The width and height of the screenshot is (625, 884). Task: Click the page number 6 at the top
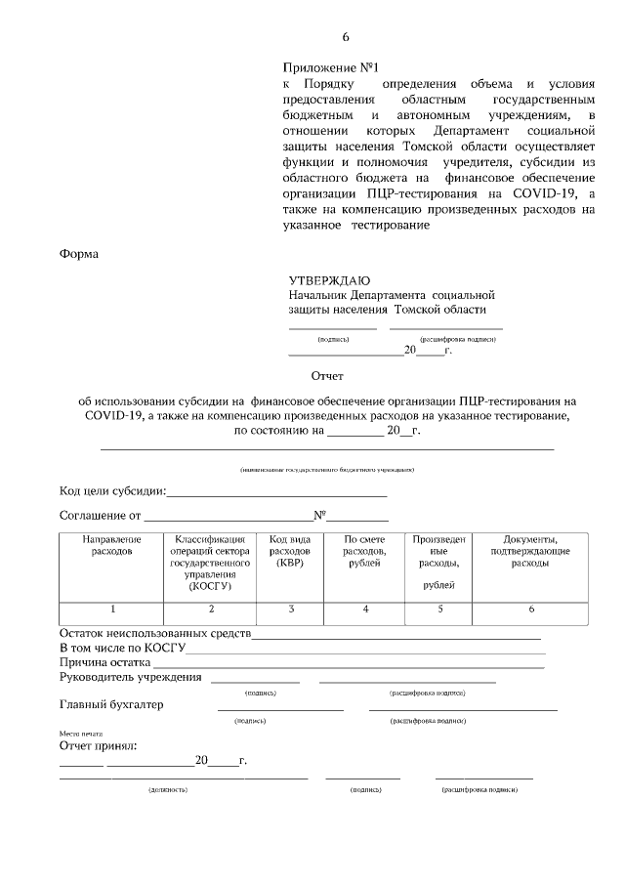point(345,37)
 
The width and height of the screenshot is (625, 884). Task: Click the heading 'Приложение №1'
point(316,68)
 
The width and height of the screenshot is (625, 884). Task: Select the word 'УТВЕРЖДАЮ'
point(329,280)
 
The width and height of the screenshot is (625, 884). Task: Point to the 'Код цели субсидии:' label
point(112,490)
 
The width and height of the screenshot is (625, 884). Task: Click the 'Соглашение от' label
point(101,515)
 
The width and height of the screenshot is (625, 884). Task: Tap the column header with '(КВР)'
point(290,551)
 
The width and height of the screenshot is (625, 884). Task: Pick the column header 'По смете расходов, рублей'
point(364,551)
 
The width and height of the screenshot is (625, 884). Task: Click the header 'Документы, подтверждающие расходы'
point(529,551)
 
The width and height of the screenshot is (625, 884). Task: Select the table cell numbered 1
point(112,610)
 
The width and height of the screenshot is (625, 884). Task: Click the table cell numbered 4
point(364,610)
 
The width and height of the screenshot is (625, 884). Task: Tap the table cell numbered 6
point(530,610)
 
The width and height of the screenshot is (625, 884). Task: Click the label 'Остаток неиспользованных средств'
point(155,634)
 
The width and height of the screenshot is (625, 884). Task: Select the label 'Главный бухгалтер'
point(111,704)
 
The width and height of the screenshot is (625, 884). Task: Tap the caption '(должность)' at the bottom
point(167,788)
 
